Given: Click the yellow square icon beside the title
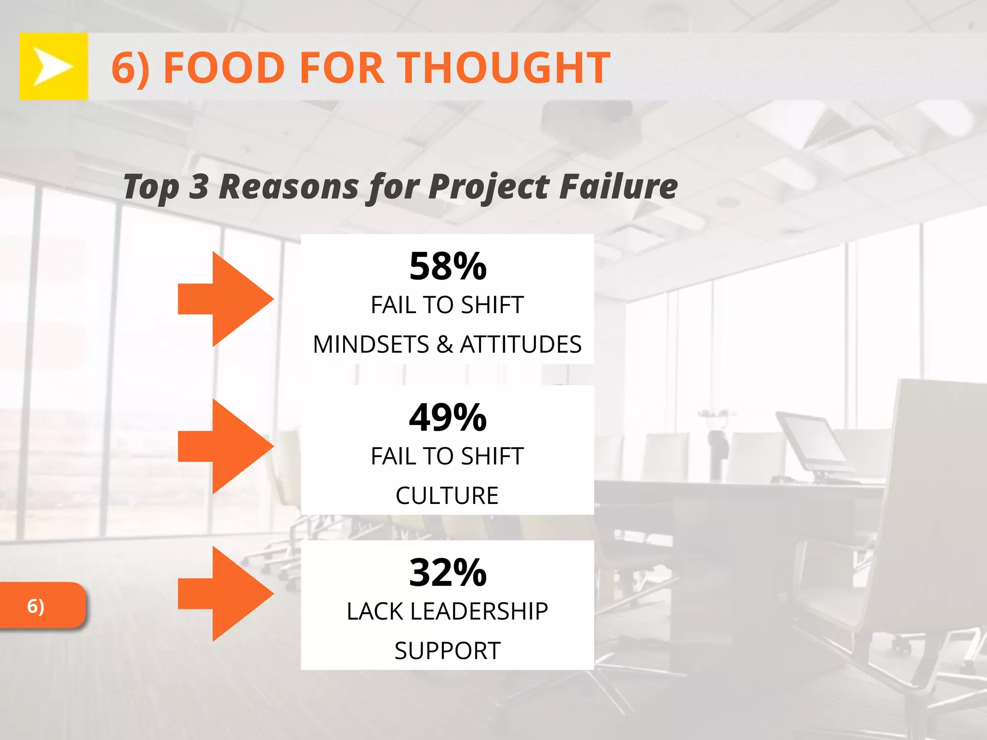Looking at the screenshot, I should [53, 66].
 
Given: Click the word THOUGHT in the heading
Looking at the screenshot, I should [504, 68].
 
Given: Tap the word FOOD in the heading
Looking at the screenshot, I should [225, 68].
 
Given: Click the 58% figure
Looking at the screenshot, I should [448, 266].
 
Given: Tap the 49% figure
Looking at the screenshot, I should [448, 417].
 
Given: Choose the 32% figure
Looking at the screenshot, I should [448, 572].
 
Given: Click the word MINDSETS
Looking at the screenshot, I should [371, 344].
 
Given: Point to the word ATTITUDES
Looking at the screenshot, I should [521, 344].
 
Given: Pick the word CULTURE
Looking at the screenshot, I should [447, 496].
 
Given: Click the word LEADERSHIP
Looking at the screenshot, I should [479, 611].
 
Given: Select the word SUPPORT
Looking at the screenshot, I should [447, 651].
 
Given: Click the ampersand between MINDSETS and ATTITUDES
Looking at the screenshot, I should [444, 344].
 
